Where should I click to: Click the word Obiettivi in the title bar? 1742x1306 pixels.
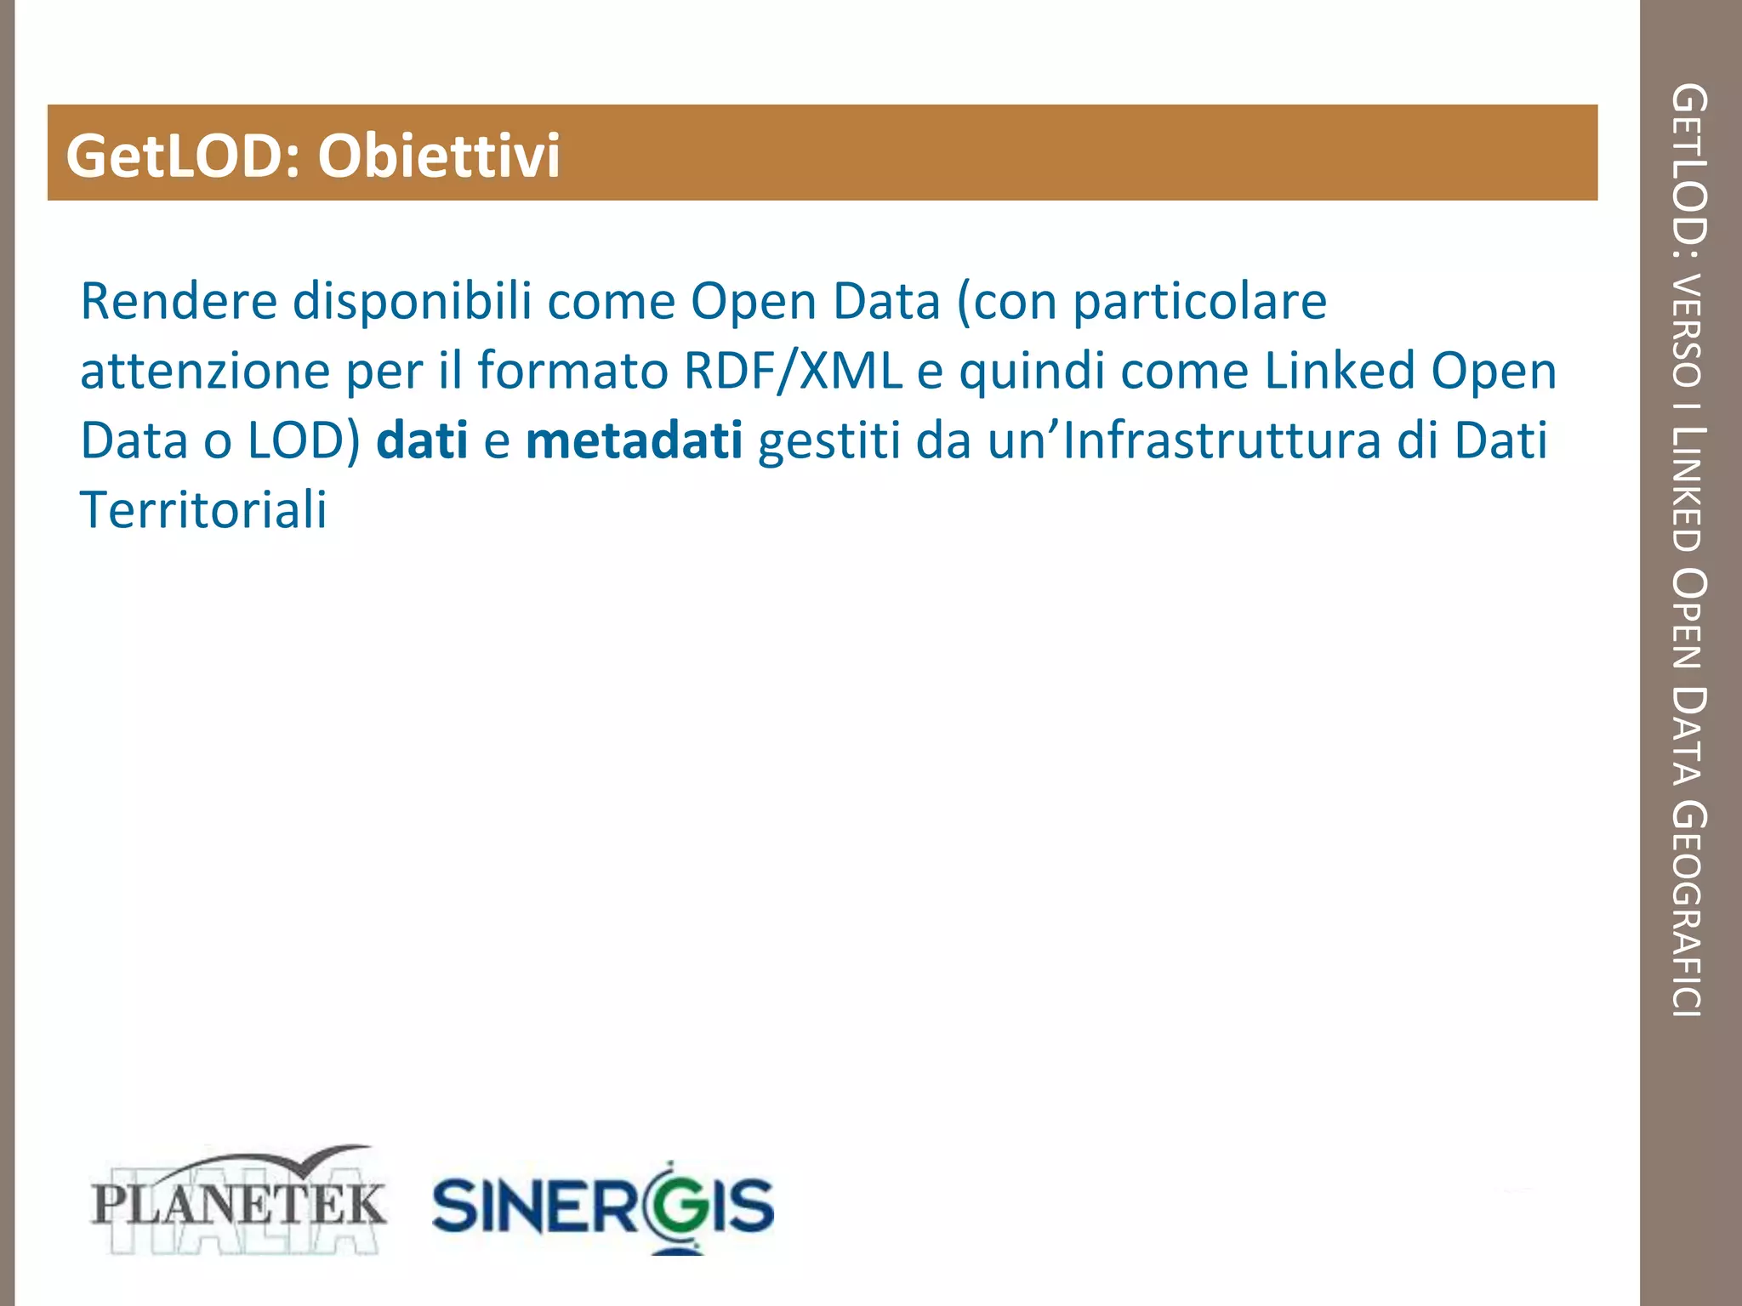point(439,156)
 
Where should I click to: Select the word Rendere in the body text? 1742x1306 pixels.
point(179,301)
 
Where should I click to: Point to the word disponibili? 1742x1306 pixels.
point(412,301)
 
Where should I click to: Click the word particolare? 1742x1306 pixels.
point(1199,303)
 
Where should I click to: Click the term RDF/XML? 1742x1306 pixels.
point(793,372)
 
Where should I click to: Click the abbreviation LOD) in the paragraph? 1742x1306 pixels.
point(305,441)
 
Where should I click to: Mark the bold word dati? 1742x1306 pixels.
point(422,441)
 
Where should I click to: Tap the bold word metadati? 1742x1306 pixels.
point(635,441)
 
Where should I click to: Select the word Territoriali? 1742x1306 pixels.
point(203,510)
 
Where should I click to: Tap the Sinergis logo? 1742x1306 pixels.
point(602,1206)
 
